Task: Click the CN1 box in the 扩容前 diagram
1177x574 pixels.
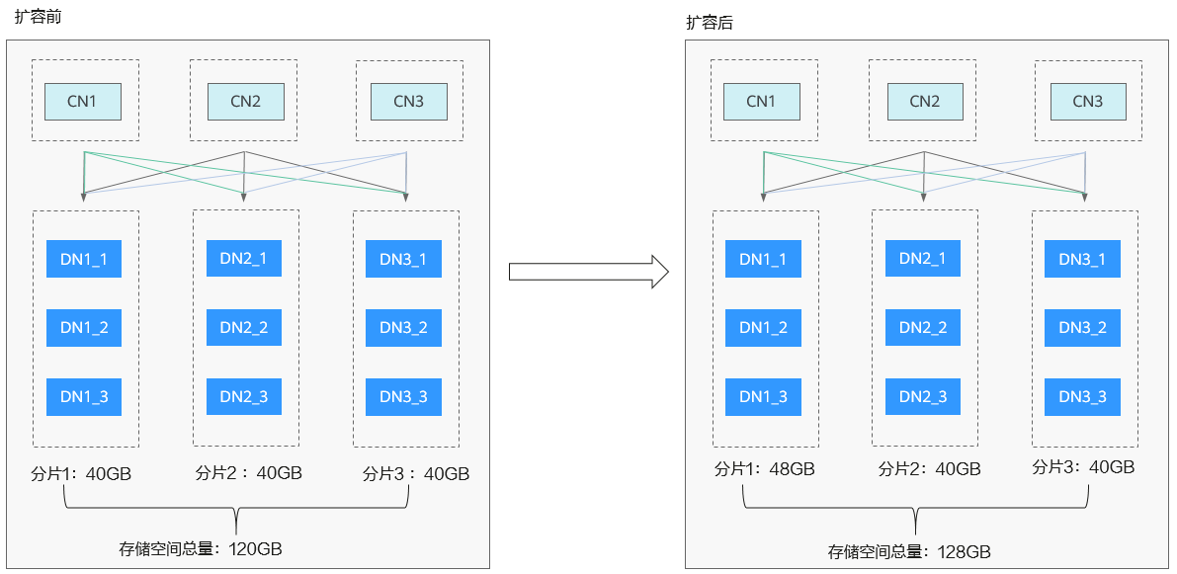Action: coord(83,102)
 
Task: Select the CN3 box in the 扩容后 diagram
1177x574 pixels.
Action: coord(1088,102)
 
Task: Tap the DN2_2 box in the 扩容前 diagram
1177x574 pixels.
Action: coord(244,328)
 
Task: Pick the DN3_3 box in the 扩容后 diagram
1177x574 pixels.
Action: coord(1082,397)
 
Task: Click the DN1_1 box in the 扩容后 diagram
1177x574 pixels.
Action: coord(763,259)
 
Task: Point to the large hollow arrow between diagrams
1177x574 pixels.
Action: coord(589,271)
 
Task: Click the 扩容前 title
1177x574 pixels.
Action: coord(38,17)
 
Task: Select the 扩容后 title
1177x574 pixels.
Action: coord(710,23)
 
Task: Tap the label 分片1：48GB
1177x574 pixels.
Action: coord(764,469)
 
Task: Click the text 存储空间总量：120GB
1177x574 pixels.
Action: coord(201,548)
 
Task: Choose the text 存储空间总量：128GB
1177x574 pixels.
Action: coord(909,552)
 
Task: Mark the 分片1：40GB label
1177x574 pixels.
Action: coord(82,473)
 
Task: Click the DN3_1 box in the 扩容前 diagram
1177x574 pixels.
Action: coord(403,259)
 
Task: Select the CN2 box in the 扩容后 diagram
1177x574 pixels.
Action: coord(925,102)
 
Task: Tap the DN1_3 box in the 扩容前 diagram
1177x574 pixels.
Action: coord(84,397)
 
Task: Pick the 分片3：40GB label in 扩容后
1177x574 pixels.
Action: coord(1083,466)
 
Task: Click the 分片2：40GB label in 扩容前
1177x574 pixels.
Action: coord(248,473)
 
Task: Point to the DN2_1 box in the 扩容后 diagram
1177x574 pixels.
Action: coord(923,259)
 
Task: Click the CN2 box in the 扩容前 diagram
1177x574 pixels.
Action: coord(245,102)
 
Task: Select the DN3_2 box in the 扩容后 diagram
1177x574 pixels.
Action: coord(1082,328)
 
